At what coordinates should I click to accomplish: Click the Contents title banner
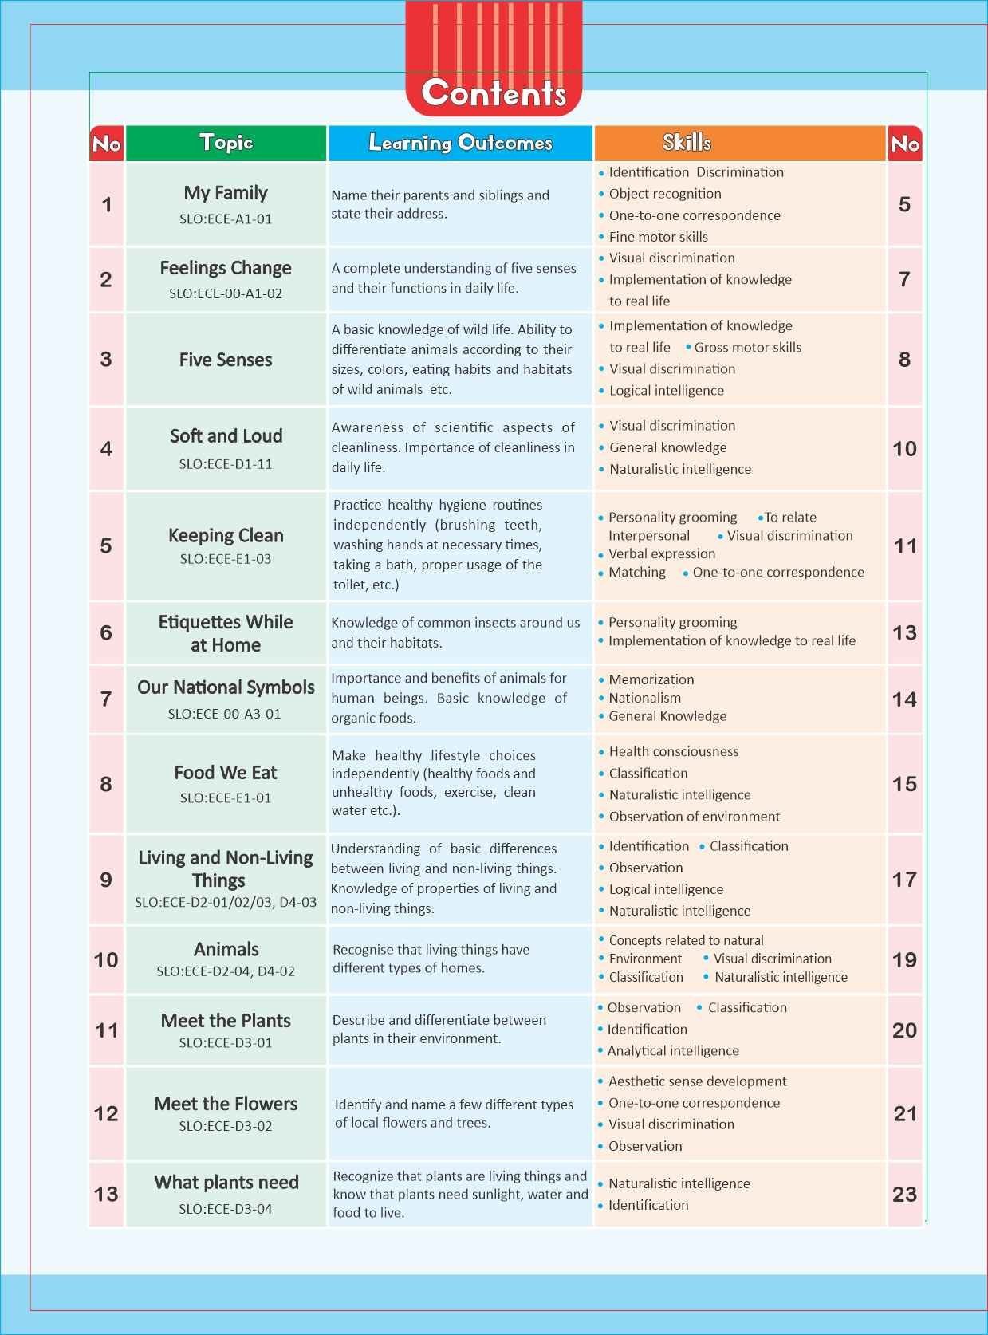(494, 93)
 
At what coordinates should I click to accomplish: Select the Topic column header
(226, 143)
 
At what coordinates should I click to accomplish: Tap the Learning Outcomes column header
(460, 143)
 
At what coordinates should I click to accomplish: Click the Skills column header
(687, 143)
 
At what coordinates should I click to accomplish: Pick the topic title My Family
(226, 193)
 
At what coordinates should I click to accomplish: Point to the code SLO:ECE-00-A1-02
(226, 293)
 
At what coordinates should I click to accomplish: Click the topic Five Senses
(226, 360)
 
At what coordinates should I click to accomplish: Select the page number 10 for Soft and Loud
(904, 449)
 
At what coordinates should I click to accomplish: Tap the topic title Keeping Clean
(226, 536)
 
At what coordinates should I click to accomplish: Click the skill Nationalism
(644, 698)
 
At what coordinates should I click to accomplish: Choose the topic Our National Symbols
(226, 687)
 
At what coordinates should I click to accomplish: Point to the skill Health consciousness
(673, 751)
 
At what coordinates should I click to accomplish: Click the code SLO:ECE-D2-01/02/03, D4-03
(226, 903)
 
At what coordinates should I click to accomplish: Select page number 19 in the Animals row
(904, 959)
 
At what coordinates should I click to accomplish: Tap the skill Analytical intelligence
(673, 1051)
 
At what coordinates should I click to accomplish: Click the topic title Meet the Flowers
(226, 1104)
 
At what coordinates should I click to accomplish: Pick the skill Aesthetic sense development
(697, 1081)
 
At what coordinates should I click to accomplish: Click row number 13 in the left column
(106, 1194)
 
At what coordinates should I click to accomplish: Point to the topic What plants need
(226, 1183)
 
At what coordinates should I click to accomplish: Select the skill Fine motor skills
(658, 237)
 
